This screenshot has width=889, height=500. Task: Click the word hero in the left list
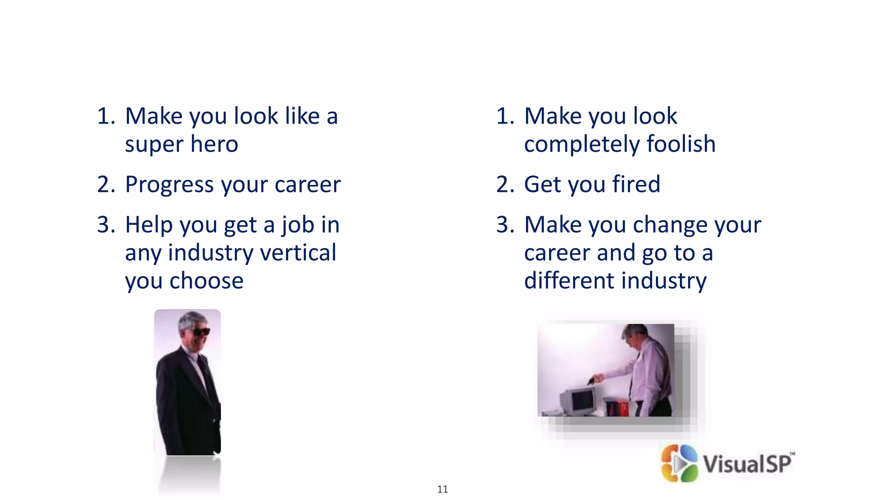pyautogui.click(x=214, y=144)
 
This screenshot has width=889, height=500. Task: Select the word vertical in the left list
pyautogui.click(x=296, y=253)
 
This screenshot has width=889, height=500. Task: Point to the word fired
pyautogui.click(x=636, y=184)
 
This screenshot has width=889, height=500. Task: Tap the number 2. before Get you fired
pyautogui.click(x=505, y=185)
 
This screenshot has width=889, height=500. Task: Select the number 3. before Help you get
pyautogui.click(x=106, y=225)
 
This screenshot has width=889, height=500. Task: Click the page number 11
pyautogui.click(x=442, y=489)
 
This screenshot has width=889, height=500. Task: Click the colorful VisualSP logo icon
pyautogui.click(x=679, y=463)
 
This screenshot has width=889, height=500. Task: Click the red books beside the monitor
pyautogui.click(x=617, y=408)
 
